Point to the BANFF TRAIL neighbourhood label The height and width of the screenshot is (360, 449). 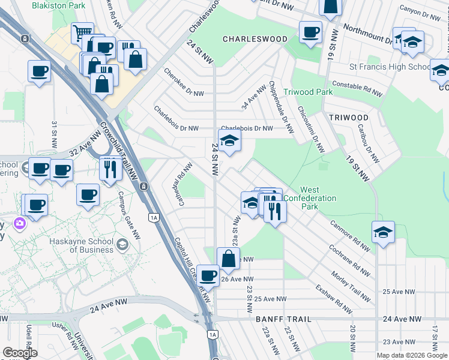click(x=284, y=319)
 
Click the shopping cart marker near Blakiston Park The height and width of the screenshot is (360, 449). click(x=82, y=32)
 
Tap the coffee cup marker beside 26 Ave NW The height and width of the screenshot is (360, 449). click(x=208, y=275)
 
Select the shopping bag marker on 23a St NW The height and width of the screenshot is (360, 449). click(x=228, y=259)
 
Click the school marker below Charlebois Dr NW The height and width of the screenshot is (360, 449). click(x=229, y=142)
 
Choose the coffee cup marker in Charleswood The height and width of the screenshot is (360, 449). click(x=310, y=32)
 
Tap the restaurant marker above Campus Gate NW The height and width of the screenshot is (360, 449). click(x=110, y=169)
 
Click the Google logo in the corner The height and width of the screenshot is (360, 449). click(x=19, y=353)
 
